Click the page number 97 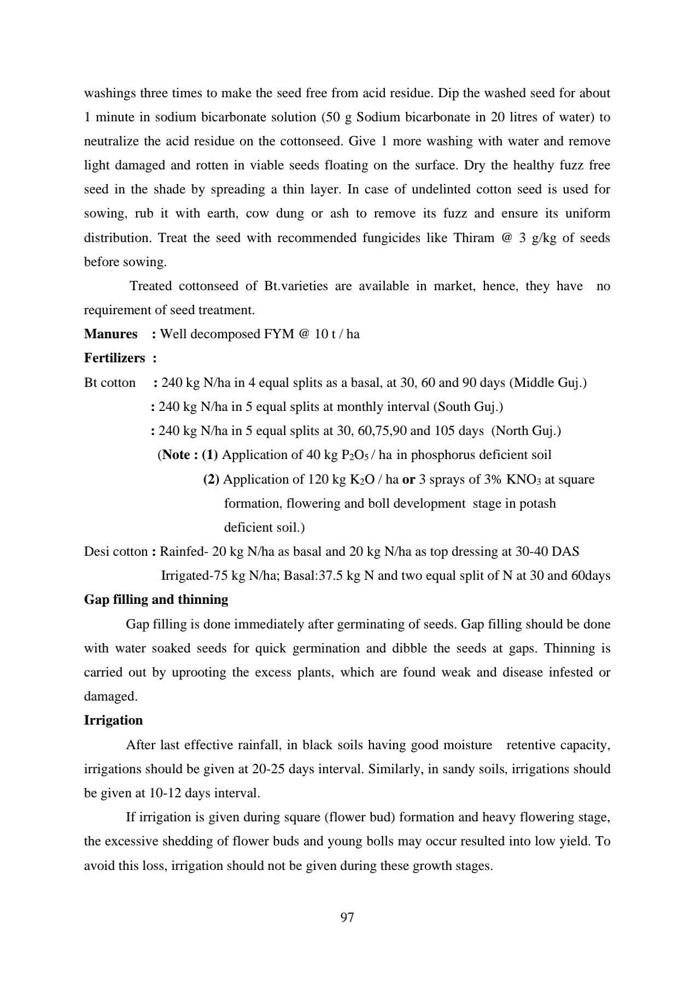click(x=347, y=918)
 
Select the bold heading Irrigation click(x=113, y=720)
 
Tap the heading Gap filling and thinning click(x=156, y=599)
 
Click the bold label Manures click(x=110, y=334)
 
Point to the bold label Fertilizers click(x=114, y=358)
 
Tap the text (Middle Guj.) click(x=548, y=383)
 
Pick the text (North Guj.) click(x=526, y=431)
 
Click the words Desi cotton click(x=115, y=551)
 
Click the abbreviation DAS click(x=565, y=551)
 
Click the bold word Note click(x=176, y=455)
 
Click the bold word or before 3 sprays click(x=408, y=480)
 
